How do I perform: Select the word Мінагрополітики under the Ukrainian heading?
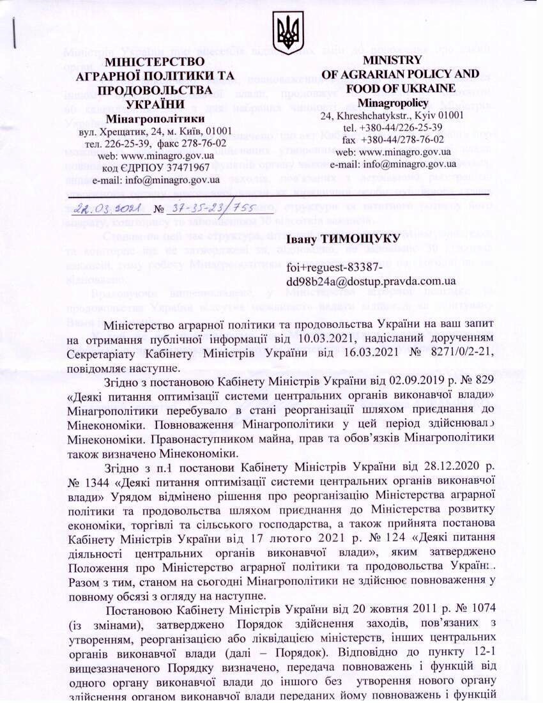pyautogui.click(x=155, y=118)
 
